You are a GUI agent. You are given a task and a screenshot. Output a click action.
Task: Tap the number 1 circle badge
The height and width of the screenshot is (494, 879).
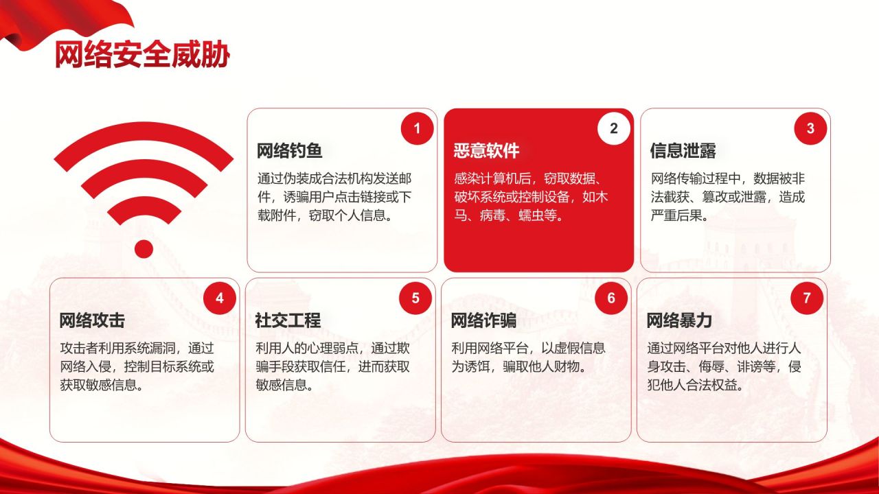[x=417, y=128]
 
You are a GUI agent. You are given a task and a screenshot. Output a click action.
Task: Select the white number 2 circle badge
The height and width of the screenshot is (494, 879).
[x=613, y=128]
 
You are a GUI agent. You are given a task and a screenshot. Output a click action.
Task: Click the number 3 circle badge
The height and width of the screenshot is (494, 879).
[x=810, y=128]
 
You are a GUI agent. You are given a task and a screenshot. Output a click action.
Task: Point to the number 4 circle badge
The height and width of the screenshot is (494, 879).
[x=220, y=298]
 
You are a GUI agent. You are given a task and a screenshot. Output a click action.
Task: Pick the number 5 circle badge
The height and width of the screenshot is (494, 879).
[x=415, y=298]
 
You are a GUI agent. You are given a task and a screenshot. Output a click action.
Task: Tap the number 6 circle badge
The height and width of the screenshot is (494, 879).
[x=611, y=298]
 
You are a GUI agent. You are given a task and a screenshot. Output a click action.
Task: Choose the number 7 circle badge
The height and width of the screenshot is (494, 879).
[x=807, y=298]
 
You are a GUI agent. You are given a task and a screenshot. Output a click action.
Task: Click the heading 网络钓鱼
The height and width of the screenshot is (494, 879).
[x=290, y=151]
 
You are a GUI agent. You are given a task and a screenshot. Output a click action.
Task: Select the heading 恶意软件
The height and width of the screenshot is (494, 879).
[x=486, y=151]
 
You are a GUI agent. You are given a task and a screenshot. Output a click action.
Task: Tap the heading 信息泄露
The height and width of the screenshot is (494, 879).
[x=683, y=151]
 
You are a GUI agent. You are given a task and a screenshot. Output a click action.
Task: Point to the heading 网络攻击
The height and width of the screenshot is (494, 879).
[x=92, y=320]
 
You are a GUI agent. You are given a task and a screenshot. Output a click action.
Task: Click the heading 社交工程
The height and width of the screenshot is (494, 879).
[x=288, y=320]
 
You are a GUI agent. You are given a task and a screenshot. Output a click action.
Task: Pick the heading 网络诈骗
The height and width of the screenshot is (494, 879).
[x=483, y=320]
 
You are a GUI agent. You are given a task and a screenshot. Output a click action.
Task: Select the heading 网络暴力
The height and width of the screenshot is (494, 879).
[x=679, y=320]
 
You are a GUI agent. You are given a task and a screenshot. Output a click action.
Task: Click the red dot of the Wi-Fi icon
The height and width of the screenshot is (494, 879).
[x=144, y=248]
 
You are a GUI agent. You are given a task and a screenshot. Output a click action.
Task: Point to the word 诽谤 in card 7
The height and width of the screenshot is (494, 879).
[x=755, y=367]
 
